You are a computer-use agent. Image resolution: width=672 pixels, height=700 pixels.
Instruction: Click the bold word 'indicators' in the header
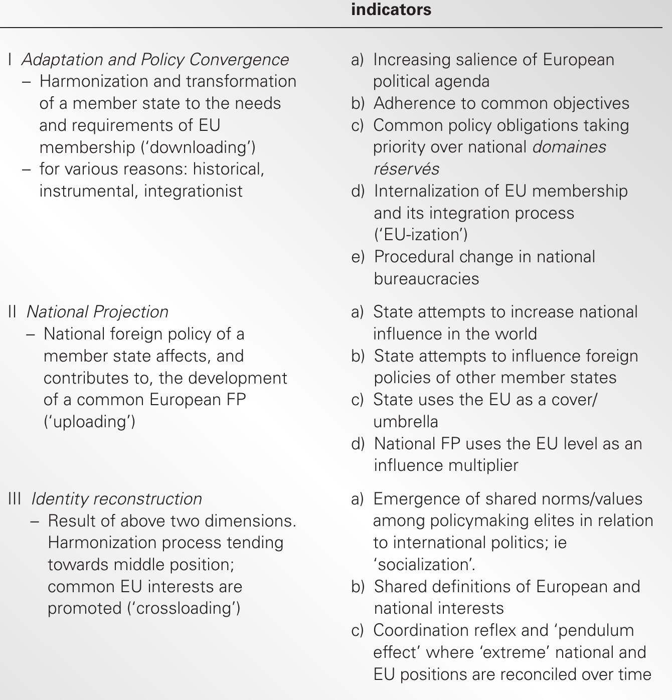(x=391, y=10)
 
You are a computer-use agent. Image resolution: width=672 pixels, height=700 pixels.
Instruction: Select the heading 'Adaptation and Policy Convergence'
(x=155, y=60)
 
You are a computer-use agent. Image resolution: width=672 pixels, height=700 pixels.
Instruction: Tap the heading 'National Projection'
(x=97, y=312)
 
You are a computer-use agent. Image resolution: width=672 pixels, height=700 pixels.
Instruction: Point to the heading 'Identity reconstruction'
(x=116, y=499)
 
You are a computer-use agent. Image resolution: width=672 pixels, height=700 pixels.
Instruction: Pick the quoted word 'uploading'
(x=89, y=422)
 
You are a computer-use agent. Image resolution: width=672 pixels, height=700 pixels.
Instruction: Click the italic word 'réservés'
(x=406, y=169)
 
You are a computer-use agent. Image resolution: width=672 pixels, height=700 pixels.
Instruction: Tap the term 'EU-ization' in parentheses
(x=421, y=235)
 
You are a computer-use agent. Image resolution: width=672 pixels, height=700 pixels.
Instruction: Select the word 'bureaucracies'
(x=426, y=279)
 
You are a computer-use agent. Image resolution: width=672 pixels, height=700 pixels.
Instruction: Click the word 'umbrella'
(x=405, y=422)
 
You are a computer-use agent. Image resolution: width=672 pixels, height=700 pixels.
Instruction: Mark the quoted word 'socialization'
(x=424, y=565)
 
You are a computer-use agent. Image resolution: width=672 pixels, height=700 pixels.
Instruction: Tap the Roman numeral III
(x=15, y=499)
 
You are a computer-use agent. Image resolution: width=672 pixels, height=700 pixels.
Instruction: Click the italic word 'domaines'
(x=569, y=147)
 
